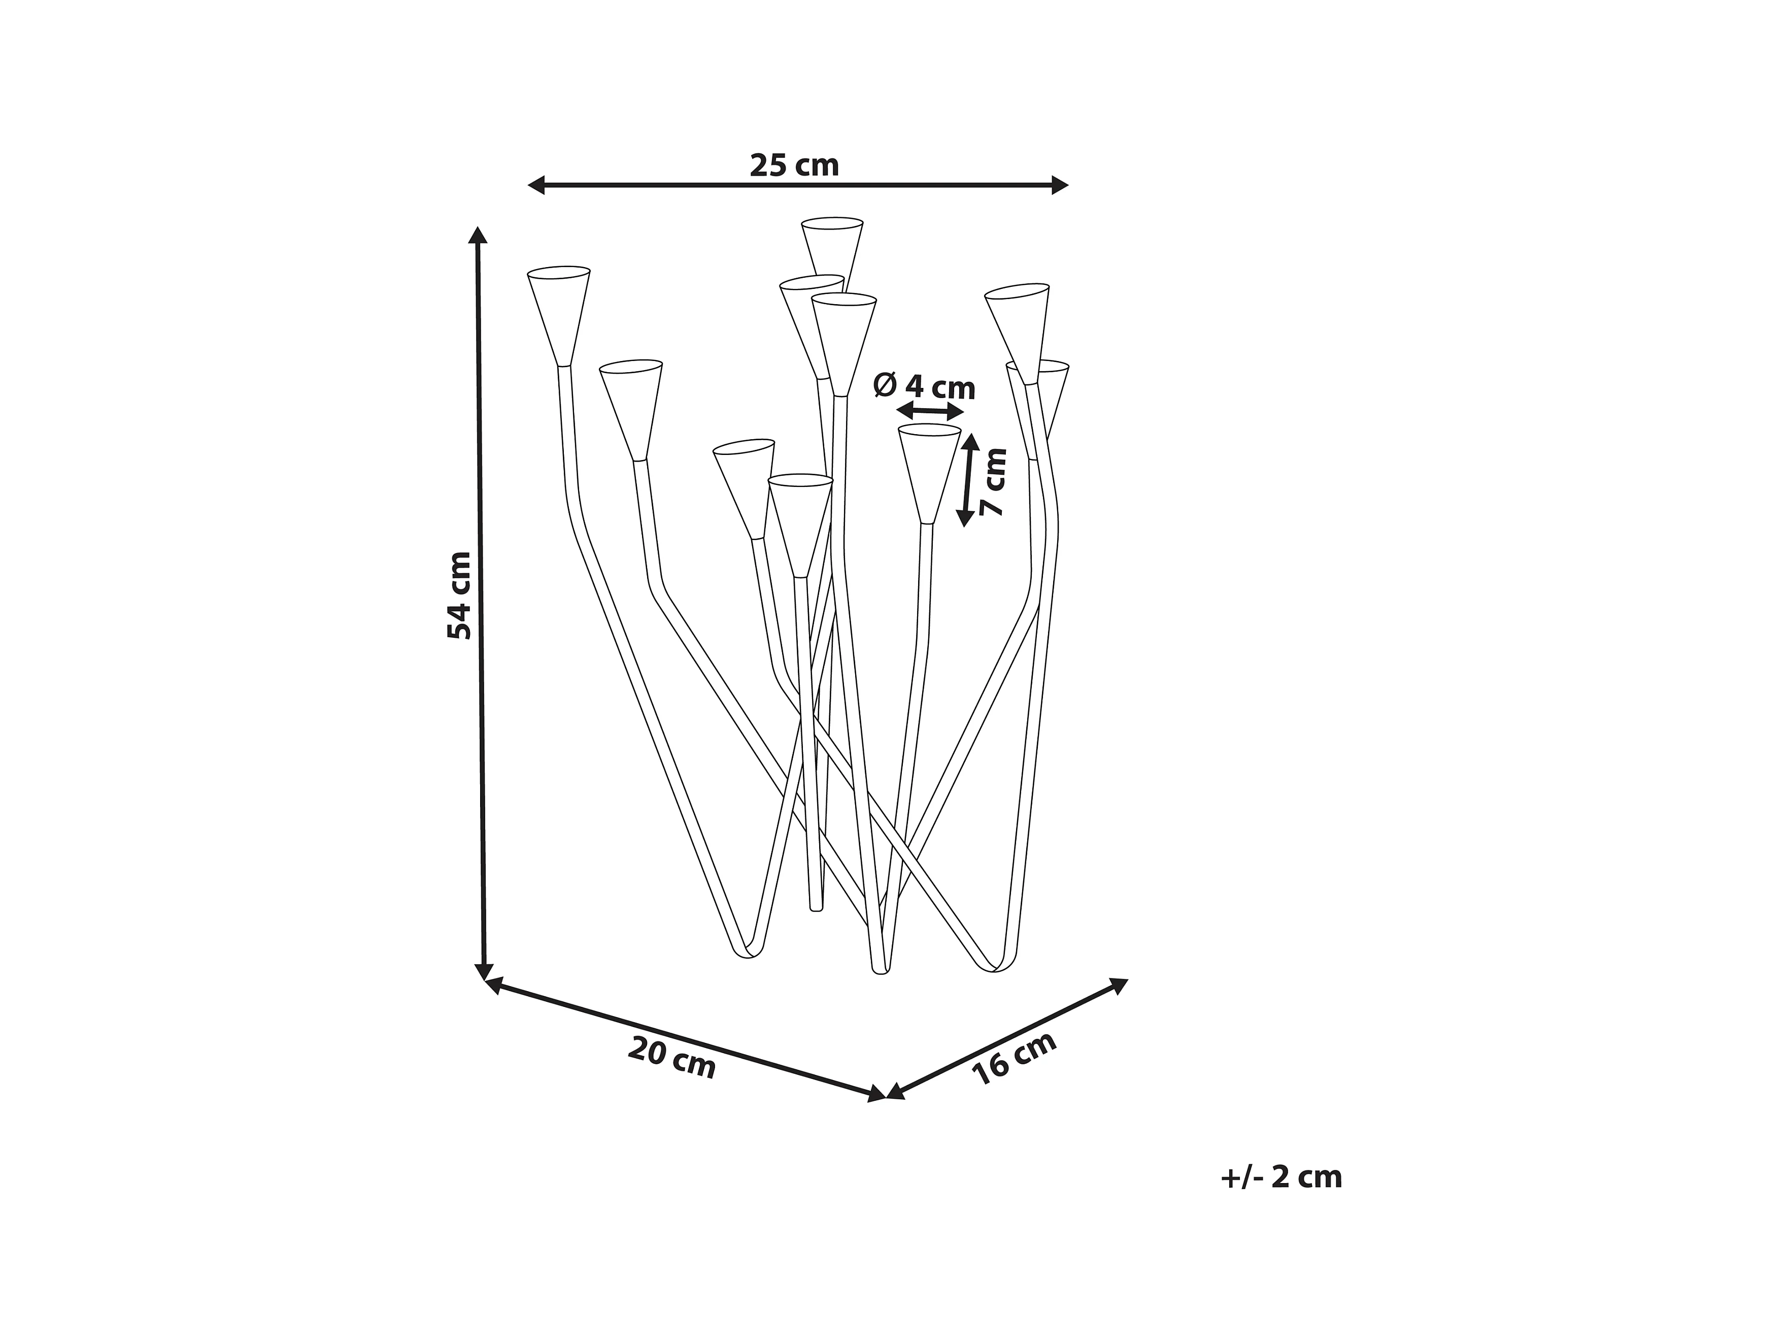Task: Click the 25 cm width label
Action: [794, 165]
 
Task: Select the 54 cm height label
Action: [459, 596]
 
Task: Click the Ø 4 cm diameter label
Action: [924, 387]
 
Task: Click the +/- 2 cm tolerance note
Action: [1281, 1177]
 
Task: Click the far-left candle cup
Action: [559, 311]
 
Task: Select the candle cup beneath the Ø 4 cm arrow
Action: [929, 469]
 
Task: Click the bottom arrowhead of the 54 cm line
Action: [484, 971]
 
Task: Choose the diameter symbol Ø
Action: [885, 385]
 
